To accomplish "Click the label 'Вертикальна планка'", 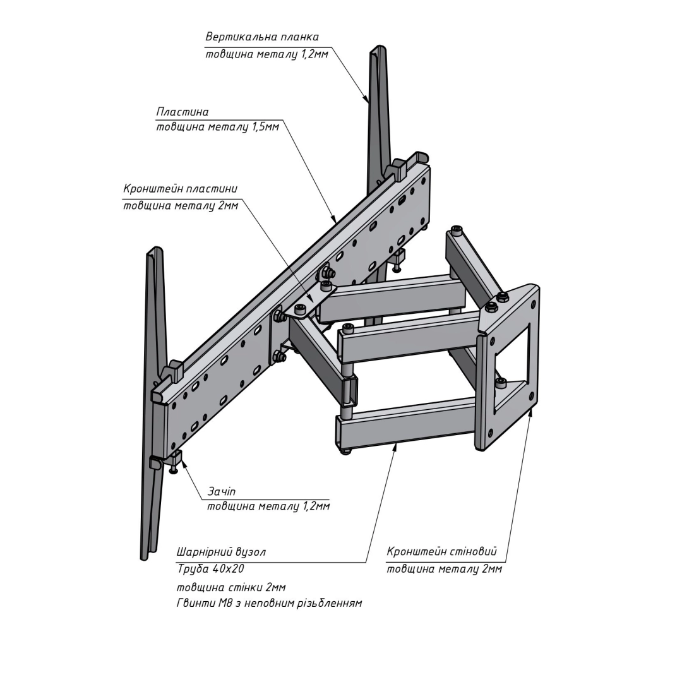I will tap(262, 37).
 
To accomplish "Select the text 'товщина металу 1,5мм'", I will tap(217, 127).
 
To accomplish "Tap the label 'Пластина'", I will tap(182, 112).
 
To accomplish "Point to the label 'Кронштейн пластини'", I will tap(181, 189).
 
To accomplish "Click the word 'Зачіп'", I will tap(222, 491).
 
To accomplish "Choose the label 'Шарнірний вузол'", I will tap(221, 552).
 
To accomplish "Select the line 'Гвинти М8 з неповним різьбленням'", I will tap(269, 603).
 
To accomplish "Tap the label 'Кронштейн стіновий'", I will tap(441, 551).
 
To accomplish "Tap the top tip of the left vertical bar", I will tap(155, 250).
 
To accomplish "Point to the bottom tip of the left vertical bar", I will tap(144, 556).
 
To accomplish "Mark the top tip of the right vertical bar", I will tap(378, 49).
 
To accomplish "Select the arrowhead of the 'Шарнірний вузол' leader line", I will tap(396, 445).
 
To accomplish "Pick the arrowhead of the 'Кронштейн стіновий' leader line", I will tap(531, 410).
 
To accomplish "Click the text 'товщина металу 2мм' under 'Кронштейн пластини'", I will tap(181, 206).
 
